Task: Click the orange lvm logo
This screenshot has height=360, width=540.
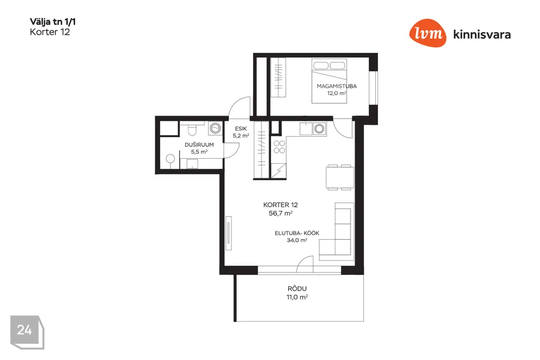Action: (x=427, y=33)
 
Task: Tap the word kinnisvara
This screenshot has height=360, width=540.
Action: (x=482, y=34)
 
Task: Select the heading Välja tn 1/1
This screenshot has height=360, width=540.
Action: (x=53, y=22)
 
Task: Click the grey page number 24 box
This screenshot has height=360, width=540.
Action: (x=27, y=332)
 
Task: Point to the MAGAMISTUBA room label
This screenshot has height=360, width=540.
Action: (x=336, y=86)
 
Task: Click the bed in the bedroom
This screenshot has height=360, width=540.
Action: (x=329, y=81)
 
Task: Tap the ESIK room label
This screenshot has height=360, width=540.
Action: (x=241, y=128)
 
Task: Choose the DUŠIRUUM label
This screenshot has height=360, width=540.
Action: (x=199, y=145)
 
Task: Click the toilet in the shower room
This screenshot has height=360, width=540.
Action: (x=192, y=130)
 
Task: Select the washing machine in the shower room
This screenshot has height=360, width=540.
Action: (x=215, y=128)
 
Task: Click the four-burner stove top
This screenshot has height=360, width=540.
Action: (x=280, y=147)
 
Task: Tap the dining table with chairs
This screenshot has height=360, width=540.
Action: (x=340, y=177)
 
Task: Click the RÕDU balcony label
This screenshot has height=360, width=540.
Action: (x=297, y=289)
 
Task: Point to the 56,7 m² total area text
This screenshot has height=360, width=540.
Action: (x=281, y=213)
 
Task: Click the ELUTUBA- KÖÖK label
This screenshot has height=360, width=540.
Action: (x=297, y=233)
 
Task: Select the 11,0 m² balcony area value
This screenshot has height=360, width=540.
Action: (x=297, y=297)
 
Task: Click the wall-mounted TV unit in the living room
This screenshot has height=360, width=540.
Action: (x=228, y=233)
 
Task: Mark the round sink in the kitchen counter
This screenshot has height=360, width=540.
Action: (x=319, y=129)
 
